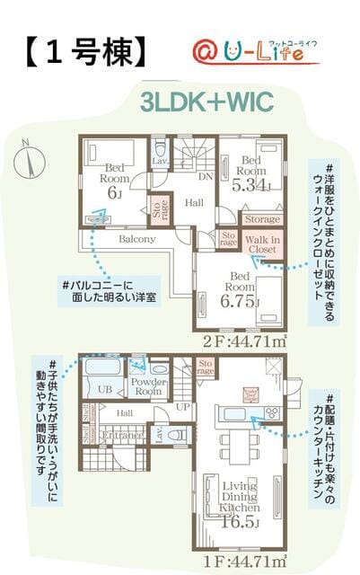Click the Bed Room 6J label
pos(116,180)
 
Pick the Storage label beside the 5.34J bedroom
pos(261,218)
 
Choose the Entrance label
pos(122,436)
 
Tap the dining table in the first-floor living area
pos(239,440)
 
